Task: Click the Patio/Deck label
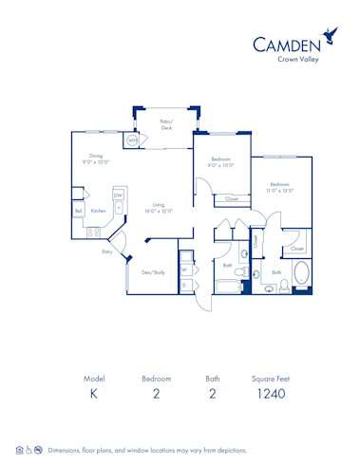166,125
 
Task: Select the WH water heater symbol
132,140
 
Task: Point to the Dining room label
96,158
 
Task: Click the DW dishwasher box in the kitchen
118,195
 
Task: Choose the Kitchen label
98,211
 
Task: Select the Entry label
107,251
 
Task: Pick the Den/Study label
153,272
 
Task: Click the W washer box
185,269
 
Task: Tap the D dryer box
185,284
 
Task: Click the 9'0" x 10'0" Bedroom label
221,161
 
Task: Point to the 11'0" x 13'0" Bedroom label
279,187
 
